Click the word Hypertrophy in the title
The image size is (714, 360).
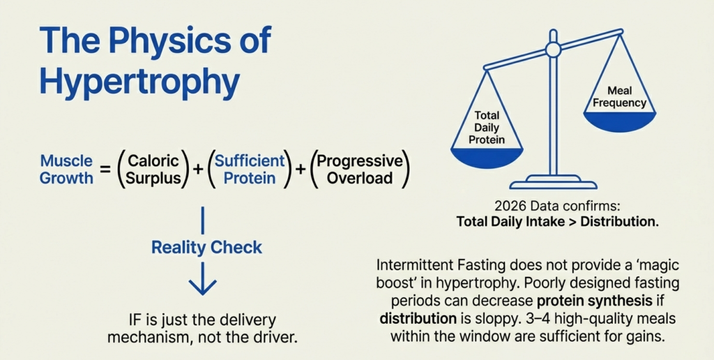(x=139, y=82)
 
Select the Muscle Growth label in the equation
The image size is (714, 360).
(x=66, y=169)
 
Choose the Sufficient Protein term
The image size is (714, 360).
(x=250, y=169)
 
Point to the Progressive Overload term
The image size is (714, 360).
(x=359, y=169)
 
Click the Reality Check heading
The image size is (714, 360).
(x=207, y=247)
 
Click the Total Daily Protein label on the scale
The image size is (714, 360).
(x=487, y=128)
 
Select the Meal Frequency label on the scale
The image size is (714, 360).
(x=619, y=97)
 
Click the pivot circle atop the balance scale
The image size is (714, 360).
(x=553, y=50)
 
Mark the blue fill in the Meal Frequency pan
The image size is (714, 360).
(x=619, y=123)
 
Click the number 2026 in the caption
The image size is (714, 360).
(x=507, y=207)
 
